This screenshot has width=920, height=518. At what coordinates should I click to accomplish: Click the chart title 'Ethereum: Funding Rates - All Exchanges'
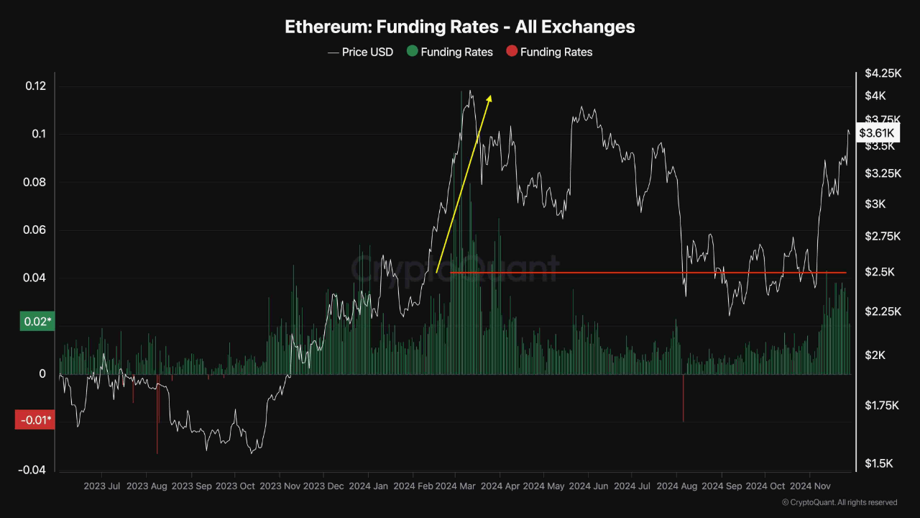point(460,27)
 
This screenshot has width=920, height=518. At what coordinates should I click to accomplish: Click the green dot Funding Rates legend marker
point(412,51)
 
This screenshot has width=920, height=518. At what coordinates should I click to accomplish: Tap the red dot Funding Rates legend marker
point(511,51)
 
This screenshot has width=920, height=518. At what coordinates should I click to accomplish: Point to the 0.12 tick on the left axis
point(35,86)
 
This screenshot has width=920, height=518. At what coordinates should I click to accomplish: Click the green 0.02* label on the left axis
point(34,322)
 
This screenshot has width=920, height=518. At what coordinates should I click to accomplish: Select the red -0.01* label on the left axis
point(34,419)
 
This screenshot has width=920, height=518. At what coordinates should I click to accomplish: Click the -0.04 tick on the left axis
point(32,470)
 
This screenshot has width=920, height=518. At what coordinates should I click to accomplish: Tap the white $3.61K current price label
point(876,133)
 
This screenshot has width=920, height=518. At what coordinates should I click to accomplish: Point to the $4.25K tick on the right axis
point(883,73)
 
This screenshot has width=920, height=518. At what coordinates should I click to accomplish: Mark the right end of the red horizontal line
point(846,273)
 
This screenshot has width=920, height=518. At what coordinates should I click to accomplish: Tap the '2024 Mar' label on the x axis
point(458,486)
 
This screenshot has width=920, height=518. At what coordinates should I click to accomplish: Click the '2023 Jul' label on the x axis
point(101,486)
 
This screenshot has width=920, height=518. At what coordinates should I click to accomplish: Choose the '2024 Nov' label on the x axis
point(810,486)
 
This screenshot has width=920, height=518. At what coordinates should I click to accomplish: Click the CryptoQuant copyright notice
point(839,502)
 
